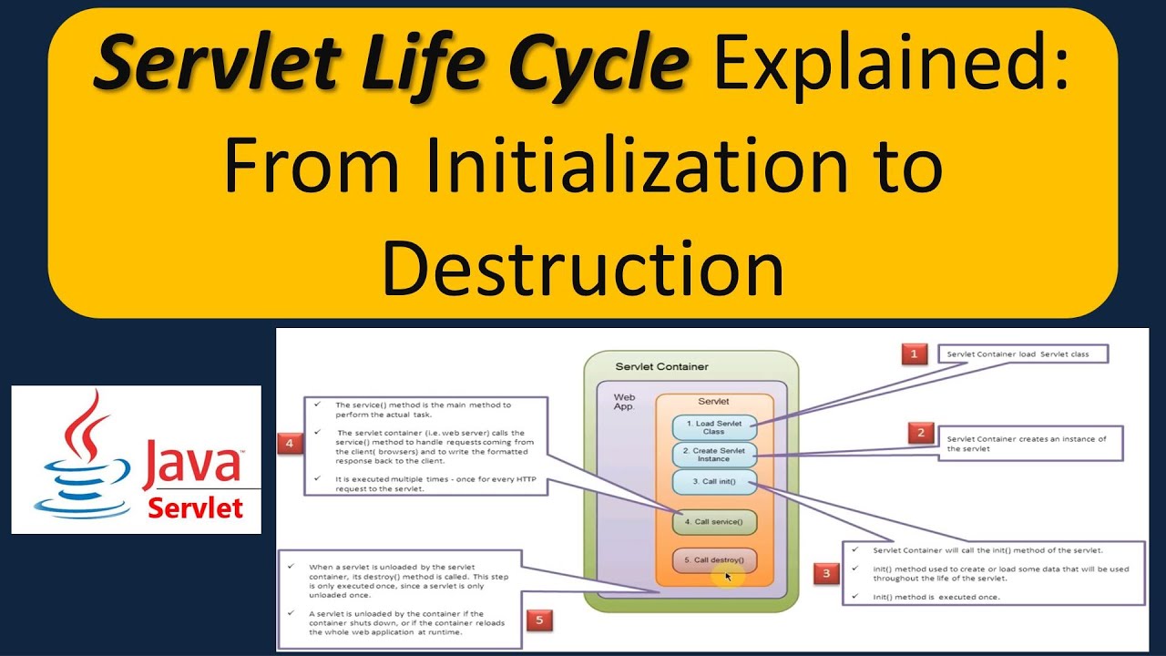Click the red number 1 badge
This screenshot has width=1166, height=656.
(914, 354)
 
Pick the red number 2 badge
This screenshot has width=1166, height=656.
(920, 434)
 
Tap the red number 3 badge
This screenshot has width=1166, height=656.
(826, 574)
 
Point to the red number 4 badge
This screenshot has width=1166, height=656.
(289, 444)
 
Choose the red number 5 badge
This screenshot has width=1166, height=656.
(539, 620)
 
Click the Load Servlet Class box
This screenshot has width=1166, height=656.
(714, 426)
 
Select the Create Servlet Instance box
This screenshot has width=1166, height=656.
(714, 455)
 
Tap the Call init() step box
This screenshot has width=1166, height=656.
(714, 482)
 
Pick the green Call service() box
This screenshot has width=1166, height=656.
(714, 522)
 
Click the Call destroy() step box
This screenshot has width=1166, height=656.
(714, 560)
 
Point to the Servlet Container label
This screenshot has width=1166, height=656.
(661, 367)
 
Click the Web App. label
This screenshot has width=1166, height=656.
(625, 402)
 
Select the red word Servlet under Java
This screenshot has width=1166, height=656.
(196, 507)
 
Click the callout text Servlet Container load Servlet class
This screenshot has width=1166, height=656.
(1024, 354)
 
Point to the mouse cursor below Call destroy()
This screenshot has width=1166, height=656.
(729, 577)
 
